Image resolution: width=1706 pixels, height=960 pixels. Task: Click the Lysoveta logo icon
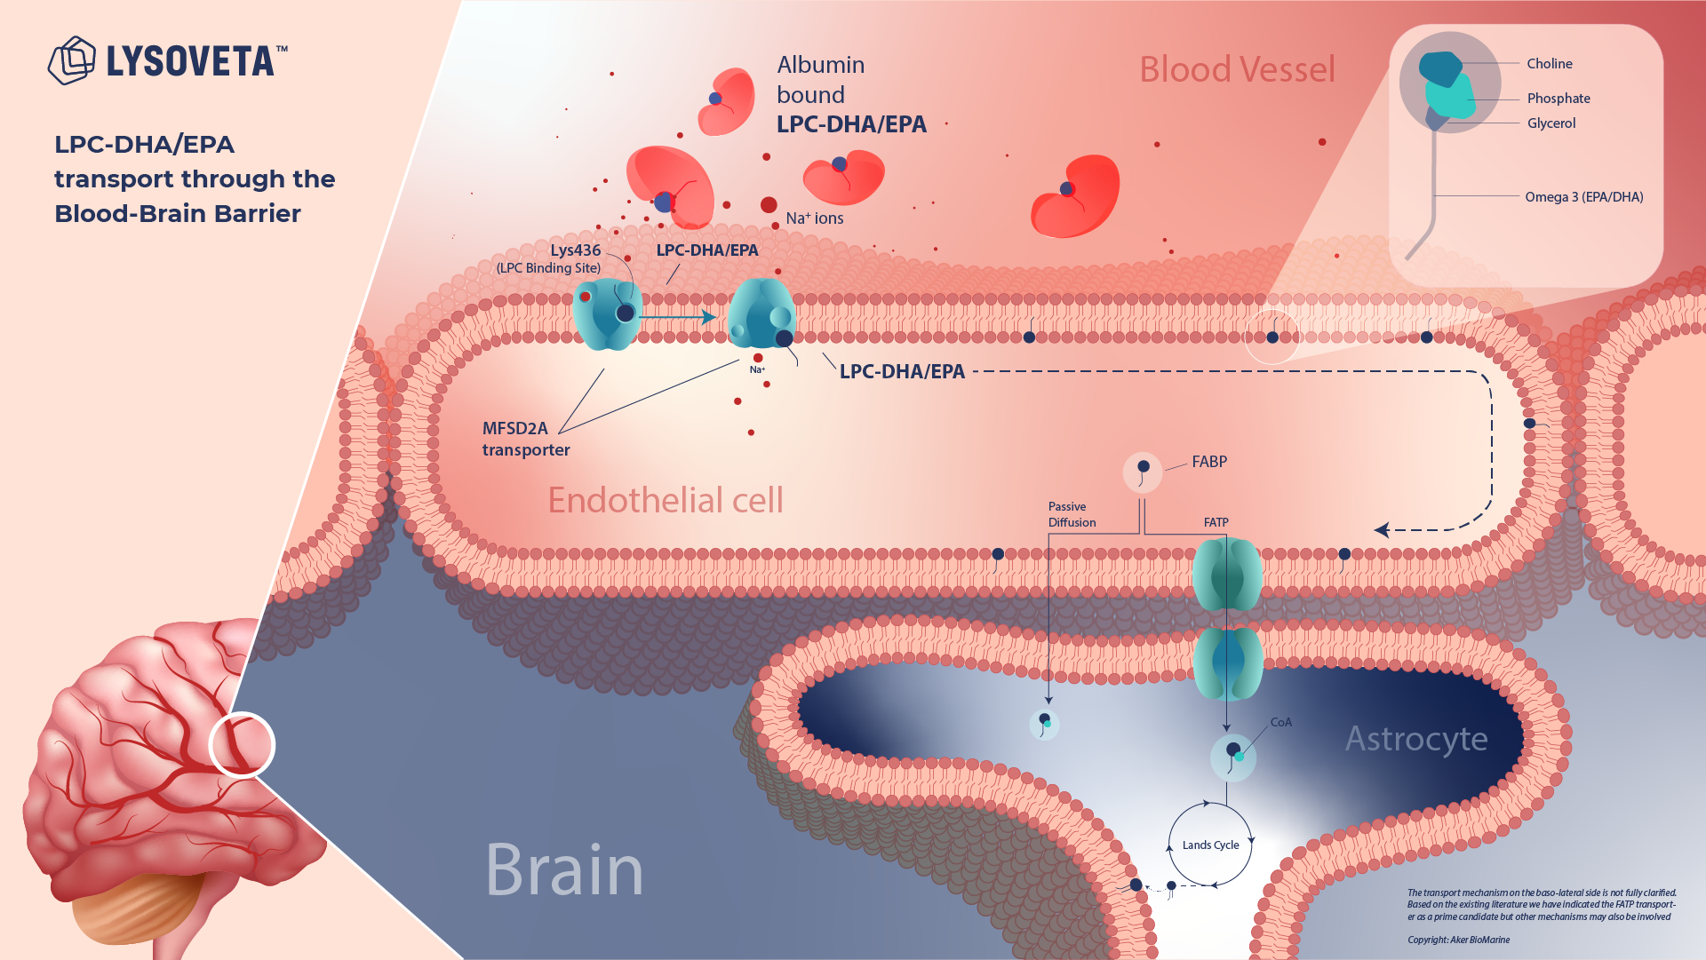(x=71, y=60)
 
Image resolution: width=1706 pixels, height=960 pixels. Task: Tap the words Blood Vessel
(x=1237, y=69)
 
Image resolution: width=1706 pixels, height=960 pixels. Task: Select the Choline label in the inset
(x=1550, y=64)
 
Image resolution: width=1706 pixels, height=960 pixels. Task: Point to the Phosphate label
(x=1559, y=99)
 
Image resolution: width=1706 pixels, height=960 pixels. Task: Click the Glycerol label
(x=1551, y=123)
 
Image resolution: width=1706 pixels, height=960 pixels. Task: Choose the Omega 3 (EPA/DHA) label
(x=1584, y=197)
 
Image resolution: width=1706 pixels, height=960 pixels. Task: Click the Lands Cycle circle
(x=1210, y=845)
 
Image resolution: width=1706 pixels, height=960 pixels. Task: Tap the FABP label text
(x=1209, y=462)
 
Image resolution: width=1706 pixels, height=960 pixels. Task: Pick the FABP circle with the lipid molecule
(x=1143, y=472)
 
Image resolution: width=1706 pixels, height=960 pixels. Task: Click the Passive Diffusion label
(x=1072, y=515)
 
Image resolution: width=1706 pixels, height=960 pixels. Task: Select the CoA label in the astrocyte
(x=1281, y=723)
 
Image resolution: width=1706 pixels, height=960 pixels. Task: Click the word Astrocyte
(x=1416, y=739)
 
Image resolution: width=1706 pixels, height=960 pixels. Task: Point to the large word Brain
(x=564, y=870)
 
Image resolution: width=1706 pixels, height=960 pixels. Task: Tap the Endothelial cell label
(x=666, y=501)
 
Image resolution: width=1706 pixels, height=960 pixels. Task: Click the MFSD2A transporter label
(x=526, y=440)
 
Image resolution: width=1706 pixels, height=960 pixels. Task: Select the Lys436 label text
(x=575, y=250)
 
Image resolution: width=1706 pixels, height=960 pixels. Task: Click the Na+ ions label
(x=815, y=218)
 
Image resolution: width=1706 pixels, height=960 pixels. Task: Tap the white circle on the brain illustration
(x=242, y=744)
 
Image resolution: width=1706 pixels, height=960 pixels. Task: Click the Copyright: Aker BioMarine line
(x=1458, y=940)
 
